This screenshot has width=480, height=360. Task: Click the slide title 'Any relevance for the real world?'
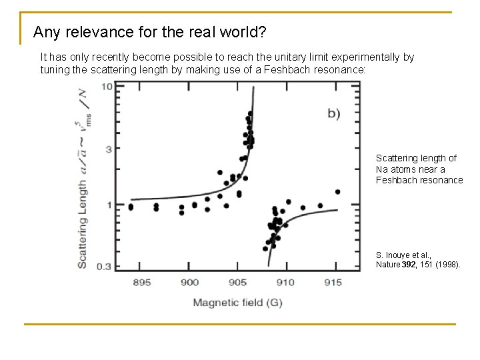159,32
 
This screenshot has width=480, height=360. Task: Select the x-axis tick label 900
189,283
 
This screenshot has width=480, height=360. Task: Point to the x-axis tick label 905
237,283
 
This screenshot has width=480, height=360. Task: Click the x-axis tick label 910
285,283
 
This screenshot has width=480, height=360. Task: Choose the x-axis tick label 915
333,283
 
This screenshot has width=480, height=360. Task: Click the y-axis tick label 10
107,87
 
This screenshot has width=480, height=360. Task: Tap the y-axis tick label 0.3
104,267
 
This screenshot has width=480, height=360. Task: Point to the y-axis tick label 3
109,148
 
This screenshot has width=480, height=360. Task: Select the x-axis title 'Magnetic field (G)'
237,303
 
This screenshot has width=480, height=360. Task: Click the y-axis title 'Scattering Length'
83,220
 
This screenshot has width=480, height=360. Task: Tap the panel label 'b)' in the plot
333,113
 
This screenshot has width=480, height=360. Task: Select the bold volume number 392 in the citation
409,265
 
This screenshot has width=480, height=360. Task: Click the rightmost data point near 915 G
337,192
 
